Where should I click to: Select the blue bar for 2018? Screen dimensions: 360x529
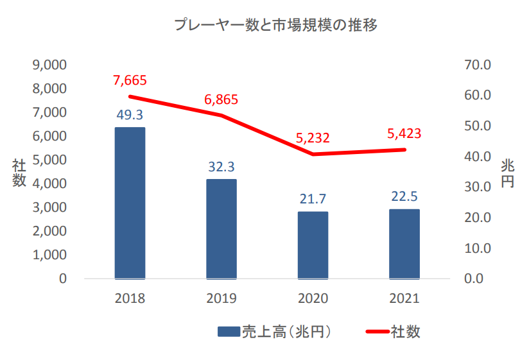(130, 203)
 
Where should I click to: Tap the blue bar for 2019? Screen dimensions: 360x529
(221, 229)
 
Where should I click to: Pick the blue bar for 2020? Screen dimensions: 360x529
(313, 245)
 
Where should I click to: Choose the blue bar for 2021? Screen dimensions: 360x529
(404, 244)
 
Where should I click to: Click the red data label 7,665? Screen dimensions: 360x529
(130, 80)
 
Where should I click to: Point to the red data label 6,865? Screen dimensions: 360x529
(221, 99)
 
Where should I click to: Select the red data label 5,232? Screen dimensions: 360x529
(313, 137)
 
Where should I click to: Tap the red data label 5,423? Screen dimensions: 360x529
(404, 133)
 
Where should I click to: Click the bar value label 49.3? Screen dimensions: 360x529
(130, 115)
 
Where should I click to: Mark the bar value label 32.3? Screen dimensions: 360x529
(221, 167)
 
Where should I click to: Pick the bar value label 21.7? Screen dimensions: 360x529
(313, 200)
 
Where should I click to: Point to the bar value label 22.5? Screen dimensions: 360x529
(404, 196)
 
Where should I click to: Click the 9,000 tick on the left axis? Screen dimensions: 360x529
(49, 65)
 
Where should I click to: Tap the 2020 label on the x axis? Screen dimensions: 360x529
(313, 298)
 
